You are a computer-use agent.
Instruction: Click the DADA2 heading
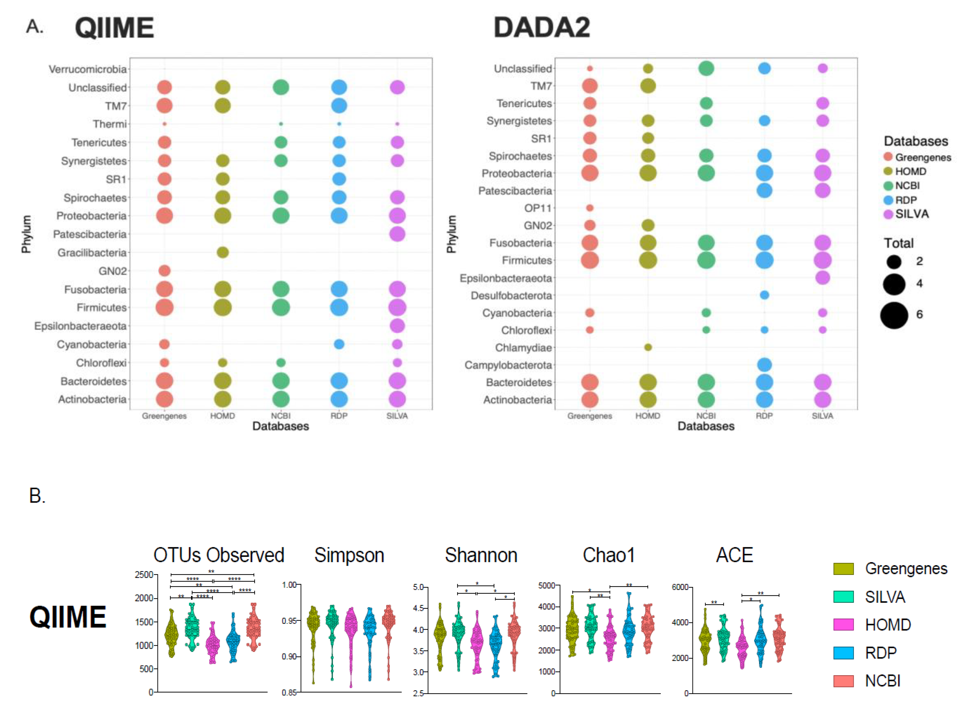pyautogui.click(x=541, y=27)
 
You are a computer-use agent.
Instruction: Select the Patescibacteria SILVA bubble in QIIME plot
pyautogui.click(x=397, y=234)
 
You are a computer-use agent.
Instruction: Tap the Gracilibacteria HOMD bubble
pyautogui.click(x=222, y=252)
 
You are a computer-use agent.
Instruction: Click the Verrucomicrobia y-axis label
pyautogui.click(x=87, y=69)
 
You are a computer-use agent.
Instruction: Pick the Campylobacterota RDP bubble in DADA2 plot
pyautogui.click(x=764, y=365)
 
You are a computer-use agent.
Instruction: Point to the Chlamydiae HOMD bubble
pyautogui.click(x=648, y=347)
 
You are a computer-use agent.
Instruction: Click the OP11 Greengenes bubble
pyautogui.click(x=589, y=208)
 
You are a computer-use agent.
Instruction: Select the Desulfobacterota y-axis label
pyautogui.click(x=511, y=296)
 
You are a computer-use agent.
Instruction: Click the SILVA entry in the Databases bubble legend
pyautogui.click(x=912, y=214)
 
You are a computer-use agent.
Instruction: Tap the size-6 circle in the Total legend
pyautogui.click(x=894, y=315)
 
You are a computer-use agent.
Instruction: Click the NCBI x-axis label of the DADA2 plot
pyautogui.click(x=706, y=416)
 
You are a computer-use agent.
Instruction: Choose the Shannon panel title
pyautogui.click(x=481, y=555)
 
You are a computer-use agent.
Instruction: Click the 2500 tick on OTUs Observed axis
pyautogui.click(x=144, y=575)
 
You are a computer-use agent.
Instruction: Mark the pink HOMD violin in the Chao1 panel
pyautogui.click(x=610, y=636)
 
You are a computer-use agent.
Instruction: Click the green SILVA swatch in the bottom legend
pyautogui.click(x=843, y=597)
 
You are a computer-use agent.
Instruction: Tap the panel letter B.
pyautogui.click(x=37, y=496)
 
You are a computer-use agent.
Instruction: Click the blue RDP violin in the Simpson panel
pyautogui.click(x=370, y=632)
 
